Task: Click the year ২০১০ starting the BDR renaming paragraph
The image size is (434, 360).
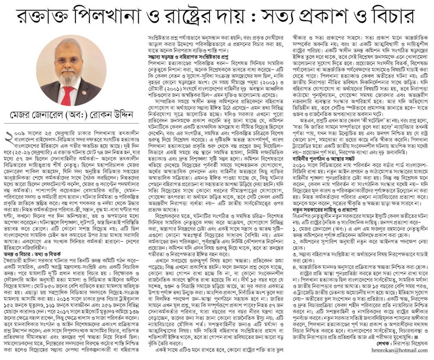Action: point(299,165)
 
